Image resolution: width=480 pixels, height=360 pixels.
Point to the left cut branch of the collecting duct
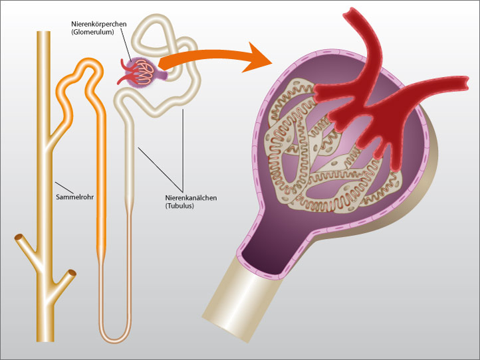20,240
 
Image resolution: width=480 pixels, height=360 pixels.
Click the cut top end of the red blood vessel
353,13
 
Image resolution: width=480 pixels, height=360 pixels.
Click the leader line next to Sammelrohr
64,189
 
